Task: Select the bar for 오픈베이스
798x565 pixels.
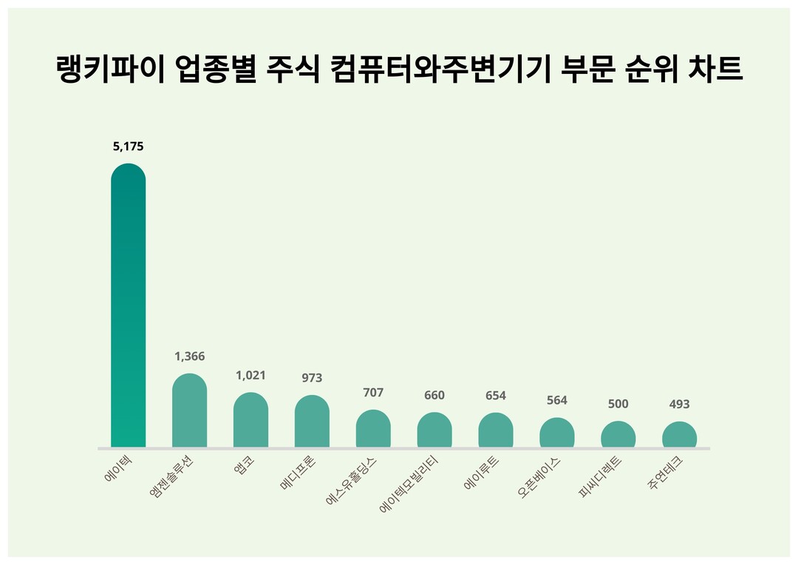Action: click(557, 433)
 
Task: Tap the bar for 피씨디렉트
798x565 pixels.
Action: click(618, 435)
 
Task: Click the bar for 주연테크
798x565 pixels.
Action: click(679, 435)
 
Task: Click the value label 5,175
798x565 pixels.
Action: click(128, 146)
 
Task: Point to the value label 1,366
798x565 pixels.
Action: click(189, 356)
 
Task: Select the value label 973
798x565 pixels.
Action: click(312, 378)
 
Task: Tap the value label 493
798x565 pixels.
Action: click(679, 405)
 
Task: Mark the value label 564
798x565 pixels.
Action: click(557, 400)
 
